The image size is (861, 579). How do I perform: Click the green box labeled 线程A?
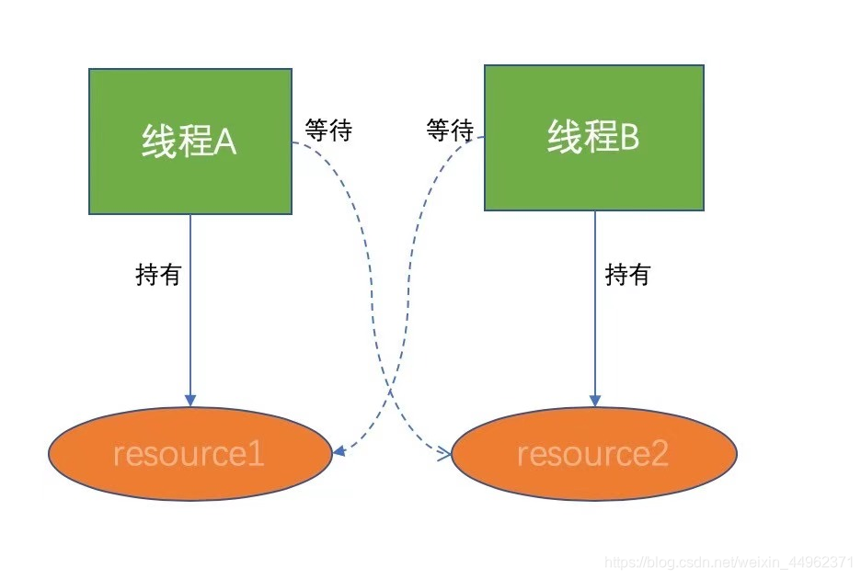click(190, 142)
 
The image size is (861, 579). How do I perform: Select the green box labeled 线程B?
click(594, 138)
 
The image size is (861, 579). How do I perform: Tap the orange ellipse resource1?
click(189, 454)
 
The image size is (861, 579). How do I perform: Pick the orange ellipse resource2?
click(593, 454)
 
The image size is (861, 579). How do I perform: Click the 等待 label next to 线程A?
click(328, 131)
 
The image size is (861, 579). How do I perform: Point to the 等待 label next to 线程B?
click(450, 131)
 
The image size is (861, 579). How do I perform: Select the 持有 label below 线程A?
click(158, 275)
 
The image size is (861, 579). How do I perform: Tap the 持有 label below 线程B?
click(627, 275)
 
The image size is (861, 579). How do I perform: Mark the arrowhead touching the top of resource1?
click(190, 401)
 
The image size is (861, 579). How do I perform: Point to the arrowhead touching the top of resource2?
click(594, 401)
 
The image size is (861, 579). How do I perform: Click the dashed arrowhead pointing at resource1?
click(339, 451)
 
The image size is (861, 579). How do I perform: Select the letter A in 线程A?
click(225, 142)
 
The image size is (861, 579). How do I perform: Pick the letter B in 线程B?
click(629, 139)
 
